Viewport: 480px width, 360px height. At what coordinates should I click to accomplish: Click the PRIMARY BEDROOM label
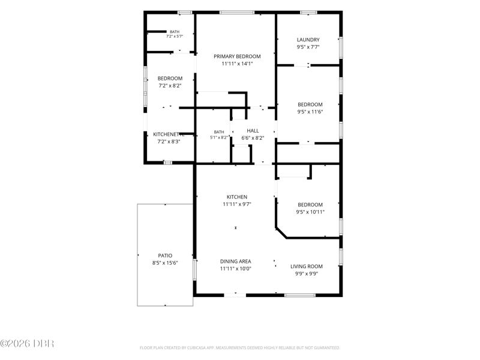pyautogui.click(x=237, y=56)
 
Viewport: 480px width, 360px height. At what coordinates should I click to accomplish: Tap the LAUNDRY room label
pyautogui.click(x=308, y=40)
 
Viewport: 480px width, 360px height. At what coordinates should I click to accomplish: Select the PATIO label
pyautogui.click(x=165, y=256)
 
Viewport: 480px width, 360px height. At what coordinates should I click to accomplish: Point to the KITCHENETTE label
pyautogui.click(x=169, y=134)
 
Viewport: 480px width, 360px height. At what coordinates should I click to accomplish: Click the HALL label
pyautogui.click(x=253, y=131)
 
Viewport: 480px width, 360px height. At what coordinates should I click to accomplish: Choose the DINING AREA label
pyautogui.click(x=235, y=262)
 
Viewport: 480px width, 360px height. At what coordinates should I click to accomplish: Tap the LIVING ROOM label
pyautogui.click(x=307, y=266)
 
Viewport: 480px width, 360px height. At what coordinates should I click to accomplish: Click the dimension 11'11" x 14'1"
pyautogui.click(x=237, y=64)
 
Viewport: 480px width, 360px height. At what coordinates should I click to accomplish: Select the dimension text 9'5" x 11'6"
pyautogui.click(x=310, y=112)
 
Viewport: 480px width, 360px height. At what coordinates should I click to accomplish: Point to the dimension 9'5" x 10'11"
pyautogui.click(x=310, y=212)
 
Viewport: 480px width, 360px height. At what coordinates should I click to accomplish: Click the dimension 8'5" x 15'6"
pyautogui.click(x=165, y=263)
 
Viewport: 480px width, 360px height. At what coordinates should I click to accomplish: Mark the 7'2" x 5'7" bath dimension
pyautogui.click(x=175, y=36)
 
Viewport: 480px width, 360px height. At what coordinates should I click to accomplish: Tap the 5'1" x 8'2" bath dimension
pyautogui.click(x=219, y=137)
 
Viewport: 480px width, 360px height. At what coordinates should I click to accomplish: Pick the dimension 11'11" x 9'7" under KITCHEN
pyautogui.click(x=237, y=204)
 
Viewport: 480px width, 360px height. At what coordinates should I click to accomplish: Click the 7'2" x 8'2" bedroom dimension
pyautogui.click(x=170, y=86)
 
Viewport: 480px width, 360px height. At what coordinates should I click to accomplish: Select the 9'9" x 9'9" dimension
pyautogui.click(x=307, y=274)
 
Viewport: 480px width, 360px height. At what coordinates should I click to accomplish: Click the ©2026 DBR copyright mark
pyautogui.click(x=27, y=343)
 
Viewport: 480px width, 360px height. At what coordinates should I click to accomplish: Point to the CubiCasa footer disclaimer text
pyautogui.click(x=239, y=348)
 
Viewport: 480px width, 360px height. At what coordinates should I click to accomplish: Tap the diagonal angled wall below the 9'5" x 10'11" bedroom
pyautogui.click(x=281, y=233)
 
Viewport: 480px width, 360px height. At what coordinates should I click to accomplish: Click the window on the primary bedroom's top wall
pyautogui.click(x=237, y=13)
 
